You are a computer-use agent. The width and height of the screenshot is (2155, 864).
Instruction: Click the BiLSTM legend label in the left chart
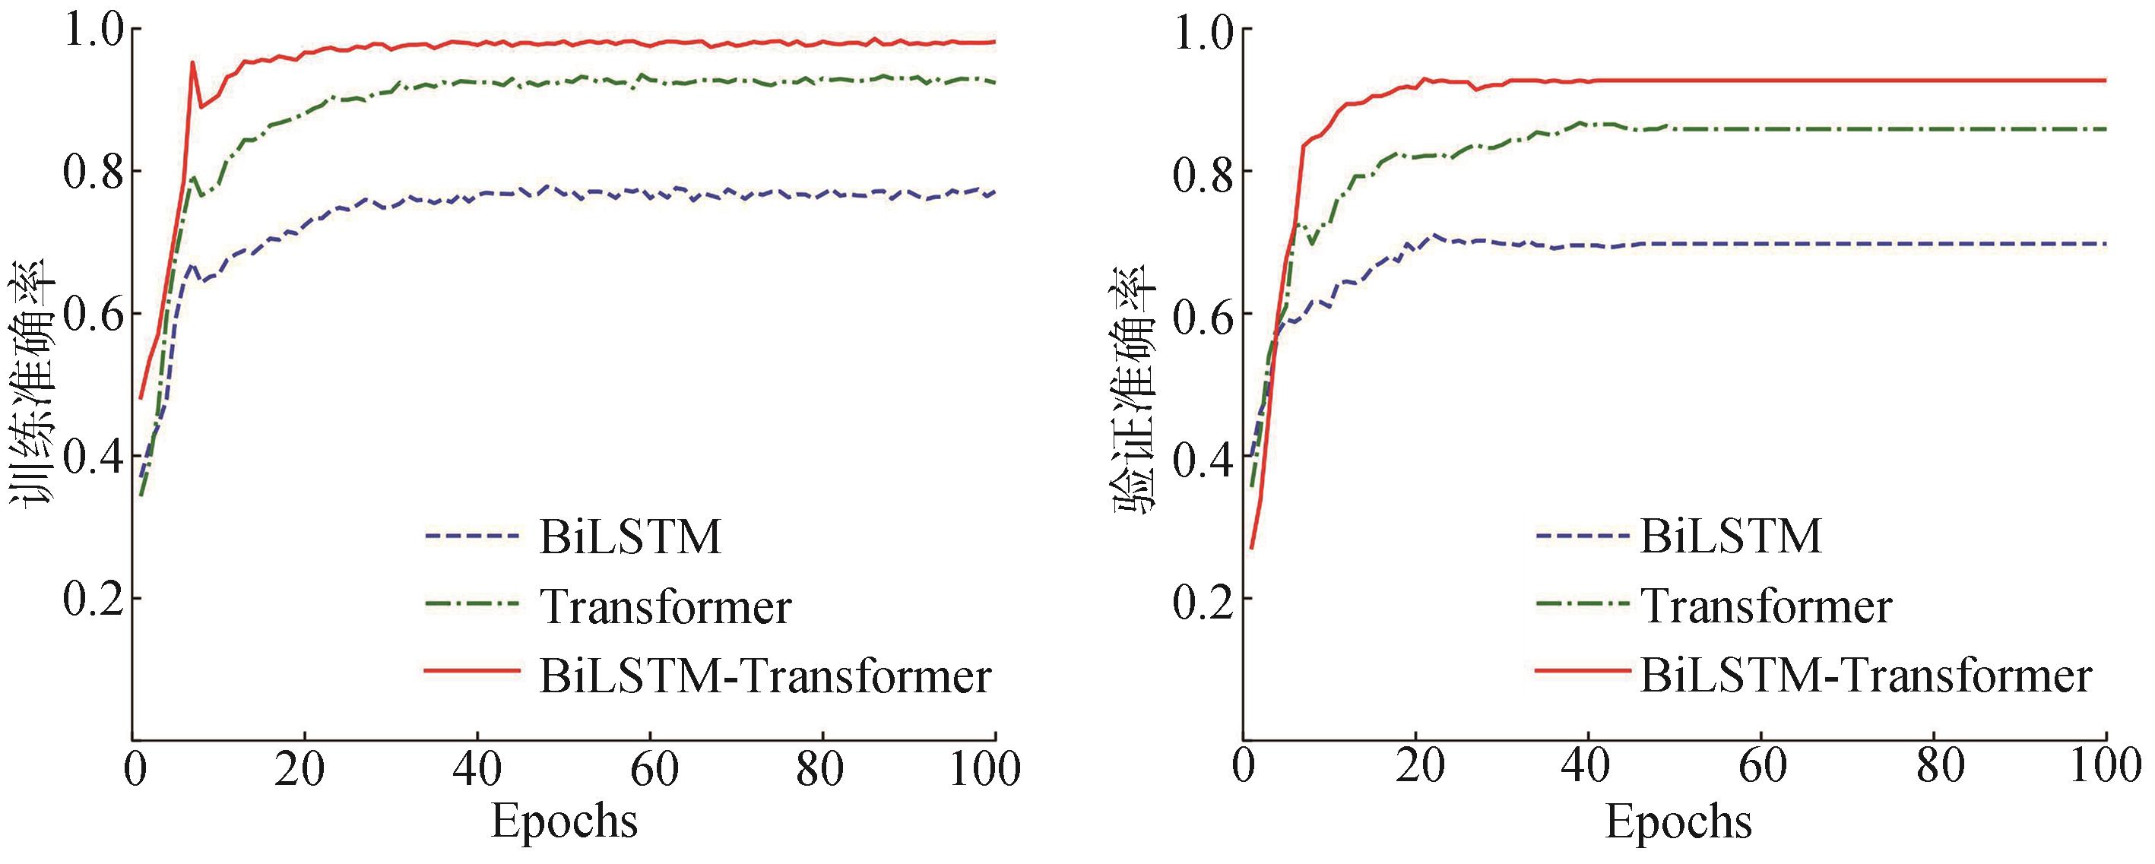tap(629, 537)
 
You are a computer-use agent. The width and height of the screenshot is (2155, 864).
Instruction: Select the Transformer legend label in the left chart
tap(665, 606)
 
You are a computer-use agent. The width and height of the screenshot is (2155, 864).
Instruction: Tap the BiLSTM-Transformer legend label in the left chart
tap(765, 676)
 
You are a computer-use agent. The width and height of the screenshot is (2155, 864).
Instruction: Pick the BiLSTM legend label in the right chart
tap(1731, 537)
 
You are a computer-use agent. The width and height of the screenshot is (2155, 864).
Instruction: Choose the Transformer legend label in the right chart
tap(1766, 606)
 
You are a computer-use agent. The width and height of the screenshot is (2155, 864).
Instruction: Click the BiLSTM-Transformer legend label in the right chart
tap(1866, 676)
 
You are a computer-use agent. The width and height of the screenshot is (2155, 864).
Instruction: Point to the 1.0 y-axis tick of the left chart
tap(91, 30)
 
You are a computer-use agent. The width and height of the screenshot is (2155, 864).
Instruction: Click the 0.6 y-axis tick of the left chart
tap(91, 315)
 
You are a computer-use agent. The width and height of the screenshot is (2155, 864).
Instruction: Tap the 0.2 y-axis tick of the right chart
tap(1201, 599)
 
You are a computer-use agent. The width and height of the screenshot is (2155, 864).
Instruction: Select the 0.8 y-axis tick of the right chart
tap(1201, 172)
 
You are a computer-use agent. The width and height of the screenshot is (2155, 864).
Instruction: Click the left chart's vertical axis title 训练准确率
tap(33, 385)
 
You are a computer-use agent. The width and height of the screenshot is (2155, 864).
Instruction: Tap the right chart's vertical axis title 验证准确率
tap(1135, 385)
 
